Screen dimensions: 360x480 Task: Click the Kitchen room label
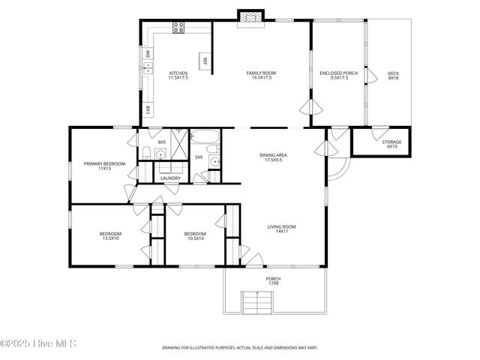(178, 75)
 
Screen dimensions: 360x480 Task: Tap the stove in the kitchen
(179, 29)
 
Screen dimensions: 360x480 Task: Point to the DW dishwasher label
(148, 55)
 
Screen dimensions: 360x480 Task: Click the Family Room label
(261, 75)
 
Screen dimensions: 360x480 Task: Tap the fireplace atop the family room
(250, 16)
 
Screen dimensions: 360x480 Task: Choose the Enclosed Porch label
(338, 75)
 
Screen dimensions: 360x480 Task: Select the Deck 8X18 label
(393, 75)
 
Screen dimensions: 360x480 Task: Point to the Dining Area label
(273, 157)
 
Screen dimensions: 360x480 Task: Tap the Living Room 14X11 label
(282, 229)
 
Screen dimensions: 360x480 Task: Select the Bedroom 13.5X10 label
(110, 236)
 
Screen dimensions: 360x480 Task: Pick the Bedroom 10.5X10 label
(195, 236)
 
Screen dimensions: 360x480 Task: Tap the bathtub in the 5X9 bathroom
(204, 137)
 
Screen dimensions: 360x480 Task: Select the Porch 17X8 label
(273, 280)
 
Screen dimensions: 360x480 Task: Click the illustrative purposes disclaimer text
(239, 348)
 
